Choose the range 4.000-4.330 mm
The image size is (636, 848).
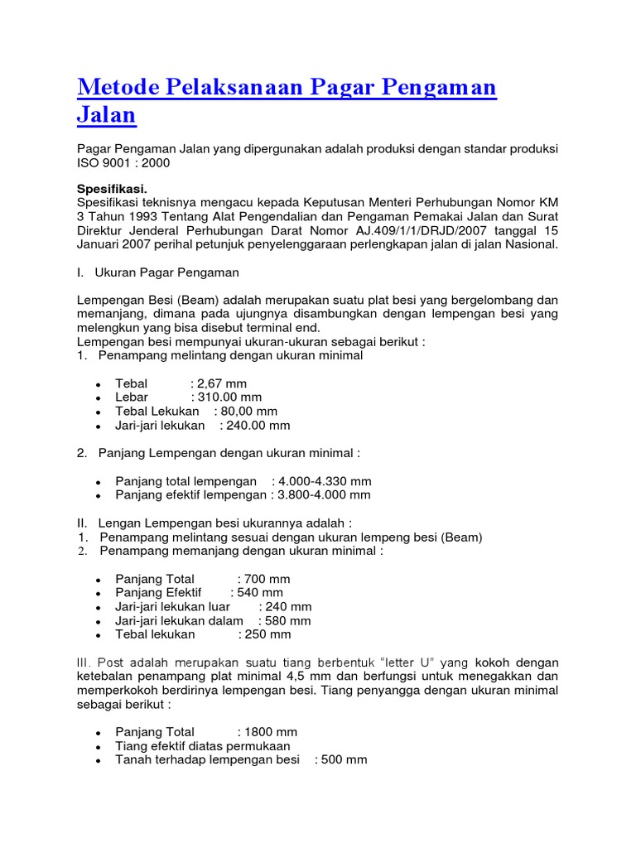click(x=325, y=481)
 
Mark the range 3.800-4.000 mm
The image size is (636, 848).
click(x=325, y=495)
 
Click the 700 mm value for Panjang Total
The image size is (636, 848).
click(x=267, y=579)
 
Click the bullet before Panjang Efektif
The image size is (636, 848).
click(x=99, y=594)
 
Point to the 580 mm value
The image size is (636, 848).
click(x=288, y=621)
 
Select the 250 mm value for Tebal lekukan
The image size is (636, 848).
click(x=268, y=635)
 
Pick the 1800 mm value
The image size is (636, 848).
click(x=271, y=732)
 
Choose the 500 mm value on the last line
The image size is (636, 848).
click(x=344, y=760)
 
